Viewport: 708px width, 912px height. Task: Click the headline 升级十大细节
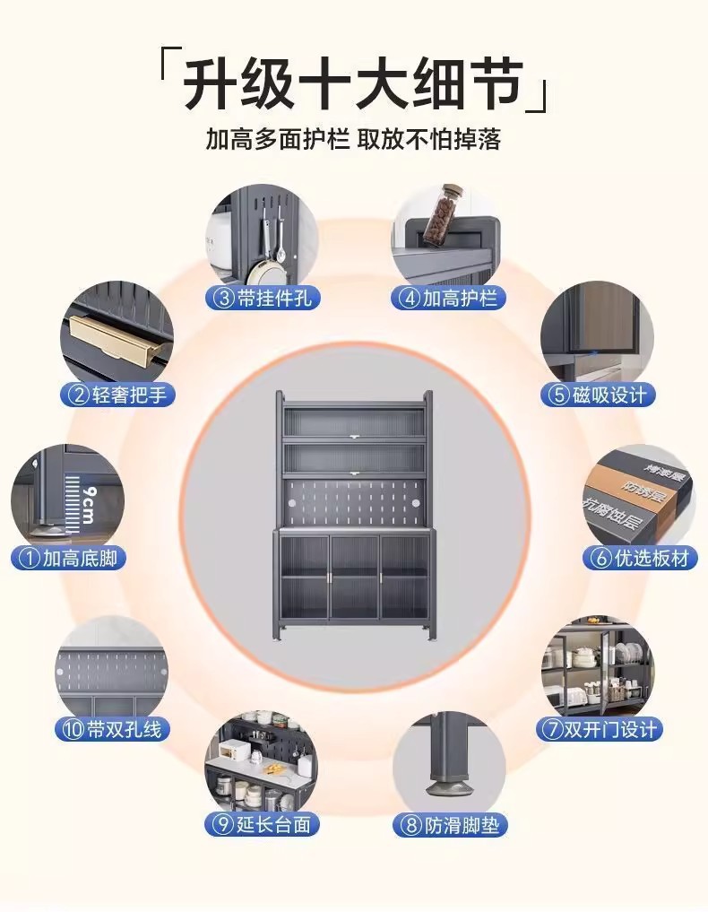[x=353, y=86]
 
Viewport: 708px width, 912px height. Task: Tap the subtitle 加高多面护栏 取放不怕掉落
[x=353, y=140]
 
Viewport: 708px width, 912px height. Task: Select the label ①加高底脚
[x=69, y=558]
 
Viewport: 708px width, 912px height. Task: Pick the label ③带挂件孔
[x=263, y=298]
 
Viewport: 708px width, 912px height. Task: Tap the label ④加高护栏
[x=448, y=298]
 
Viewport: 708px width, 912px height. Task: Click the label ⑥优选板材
[x=641, y=558]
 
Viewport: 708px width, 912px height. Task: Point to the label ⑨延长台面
[x=263, y=825]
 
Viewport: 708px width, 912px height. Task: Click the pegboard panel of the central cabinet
[x=354, y=501]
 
